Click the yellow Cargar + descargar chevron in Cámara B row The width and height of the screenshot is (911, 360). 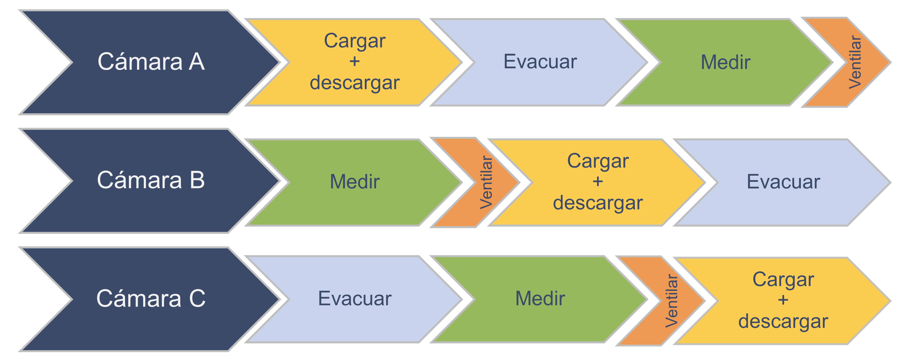(598, 182)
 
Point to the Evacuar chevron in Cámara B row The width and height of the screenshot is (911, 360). (783, 182)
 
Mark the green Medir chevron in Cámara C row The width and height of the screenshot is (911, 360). (540, 299)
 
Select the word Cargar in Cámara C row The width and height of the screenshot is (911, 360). (783, 279)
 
